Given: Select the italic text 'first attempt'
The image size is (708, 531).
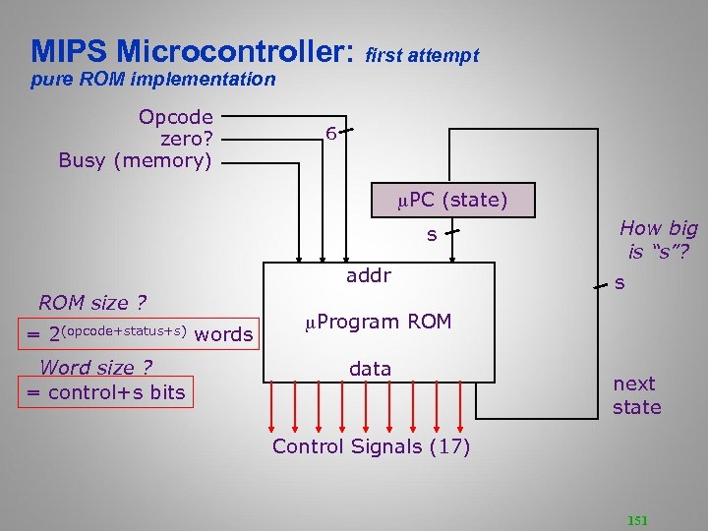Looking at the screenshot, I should (x=422, y=56).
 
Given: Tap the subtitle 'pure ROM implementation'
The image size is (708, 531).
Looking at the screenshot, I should (x=152, y=80).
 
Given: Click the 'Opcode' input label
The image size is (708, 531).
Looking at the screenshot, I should (x=176, y=117).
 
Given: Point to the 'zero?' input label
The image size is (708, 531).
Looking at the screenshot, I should (x=186, y=139).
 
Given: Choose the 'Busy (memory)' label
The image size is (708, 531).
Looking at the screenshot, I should (x=135, y=160).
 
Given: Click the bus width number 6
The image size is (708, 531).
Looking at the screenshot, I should (x=332, y=134).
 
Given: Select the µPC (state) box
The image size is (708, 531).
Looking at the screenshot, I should (x=452, y=202).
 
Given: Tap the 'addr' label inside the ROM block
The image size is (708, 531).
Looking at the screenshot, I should (x=369, y=276).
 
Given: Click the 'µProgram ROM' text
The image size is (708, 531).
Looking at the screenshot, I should (x=378, y=322).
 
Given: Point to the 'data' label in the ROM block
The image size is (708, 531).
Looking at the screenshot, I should (x=370, y=369).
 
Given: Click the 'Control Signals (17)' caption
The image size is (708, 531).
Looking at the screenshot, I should (x=371, y=446).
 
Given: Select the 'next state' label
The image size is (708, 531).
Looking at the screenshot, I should (x=636, y=395).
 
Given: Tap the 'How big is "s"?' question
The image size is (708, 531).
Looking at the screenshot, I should (x=658, y=240).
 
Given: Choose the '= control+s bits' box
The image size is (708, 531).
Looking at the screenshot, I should (x=105, y=393).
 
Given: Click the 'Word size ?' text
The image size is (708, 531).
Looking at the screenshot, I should (x=95, y=368).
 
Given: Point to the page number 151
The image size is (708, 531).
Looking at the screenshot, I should (x=637, y=520).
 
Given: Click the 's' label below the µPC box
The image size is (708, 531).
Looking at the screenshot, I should (x=431, y=235).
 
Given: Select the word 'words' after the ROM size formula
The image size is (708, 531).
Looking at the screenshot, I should (x=224, y=334).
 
